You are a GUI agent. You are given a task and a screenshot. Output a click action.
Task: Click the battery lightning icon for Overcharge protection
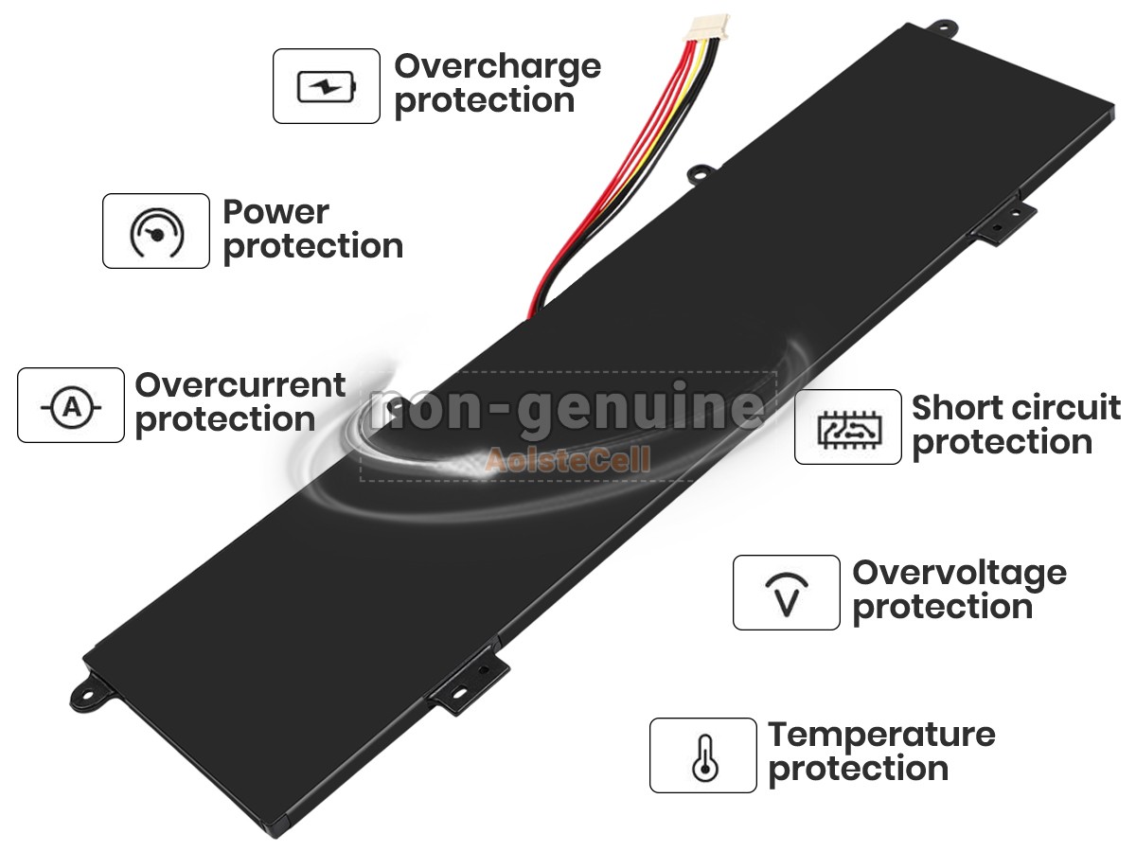coord(326,86)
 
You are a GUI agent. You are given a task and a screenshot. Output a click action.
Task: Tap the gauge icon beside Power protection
coord(156,232)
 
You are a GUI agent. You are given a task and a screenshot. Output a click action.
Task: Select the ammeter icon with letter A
coord(71,407)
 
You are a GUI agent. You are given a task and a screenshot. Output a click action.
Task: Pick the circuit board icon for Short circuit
coord(849,430)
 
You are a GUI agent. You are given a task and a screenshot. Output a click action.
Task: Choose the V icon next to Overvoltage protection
coord(787,595)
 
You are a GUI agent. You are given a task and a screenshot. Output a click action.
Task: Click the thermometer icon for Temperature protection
coord(704,758)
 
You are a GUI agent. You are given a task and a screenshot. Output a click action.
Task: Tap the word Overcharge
coord(497,68)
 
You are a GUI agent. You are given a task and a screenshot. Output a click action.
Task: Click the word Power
coord(275,213)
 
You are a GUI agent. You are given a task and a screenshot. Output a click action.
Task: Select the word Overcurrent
coord(240,385)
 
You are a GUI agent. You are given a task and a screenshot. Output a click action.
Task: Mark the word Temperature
coord(881,737)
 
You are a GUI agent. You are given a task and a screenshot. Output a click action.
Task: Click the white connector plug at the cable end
coord(712,28)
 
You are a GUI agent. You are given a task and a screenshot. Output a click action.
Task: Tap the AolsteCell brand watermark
coord(568,460)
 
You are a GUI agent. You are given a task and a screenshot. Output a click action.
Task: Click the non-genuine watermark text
coord(567,409)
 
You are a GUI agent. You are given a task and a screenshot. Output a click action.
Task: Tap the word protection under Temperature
coord(859,770)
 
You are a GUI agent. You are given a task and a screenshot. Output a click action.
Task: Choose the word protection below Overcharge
coord(485,101)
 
